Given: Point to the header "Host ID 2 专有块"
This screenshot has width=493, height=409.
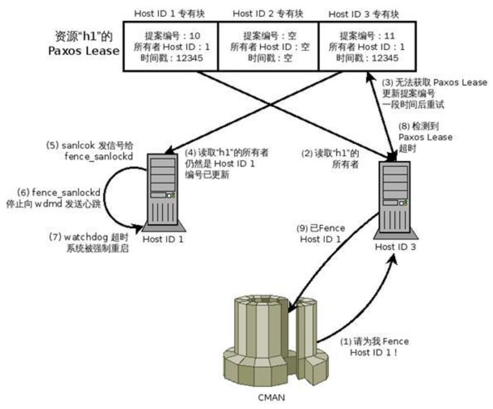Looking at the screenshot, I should pos(268,13).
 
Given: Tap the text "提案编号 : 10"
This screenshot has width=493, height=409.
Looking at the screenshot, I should pos(172,36).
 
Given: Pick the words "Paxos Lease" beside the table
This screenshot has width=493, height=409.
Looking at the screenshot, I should pos(83,51).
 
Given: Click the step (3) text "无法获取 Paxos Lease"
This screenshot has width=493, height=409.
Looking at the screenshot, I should pos(434,82).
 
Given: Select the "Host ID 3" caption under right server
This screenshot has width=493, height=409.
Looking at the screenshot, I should pos(396,247).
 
